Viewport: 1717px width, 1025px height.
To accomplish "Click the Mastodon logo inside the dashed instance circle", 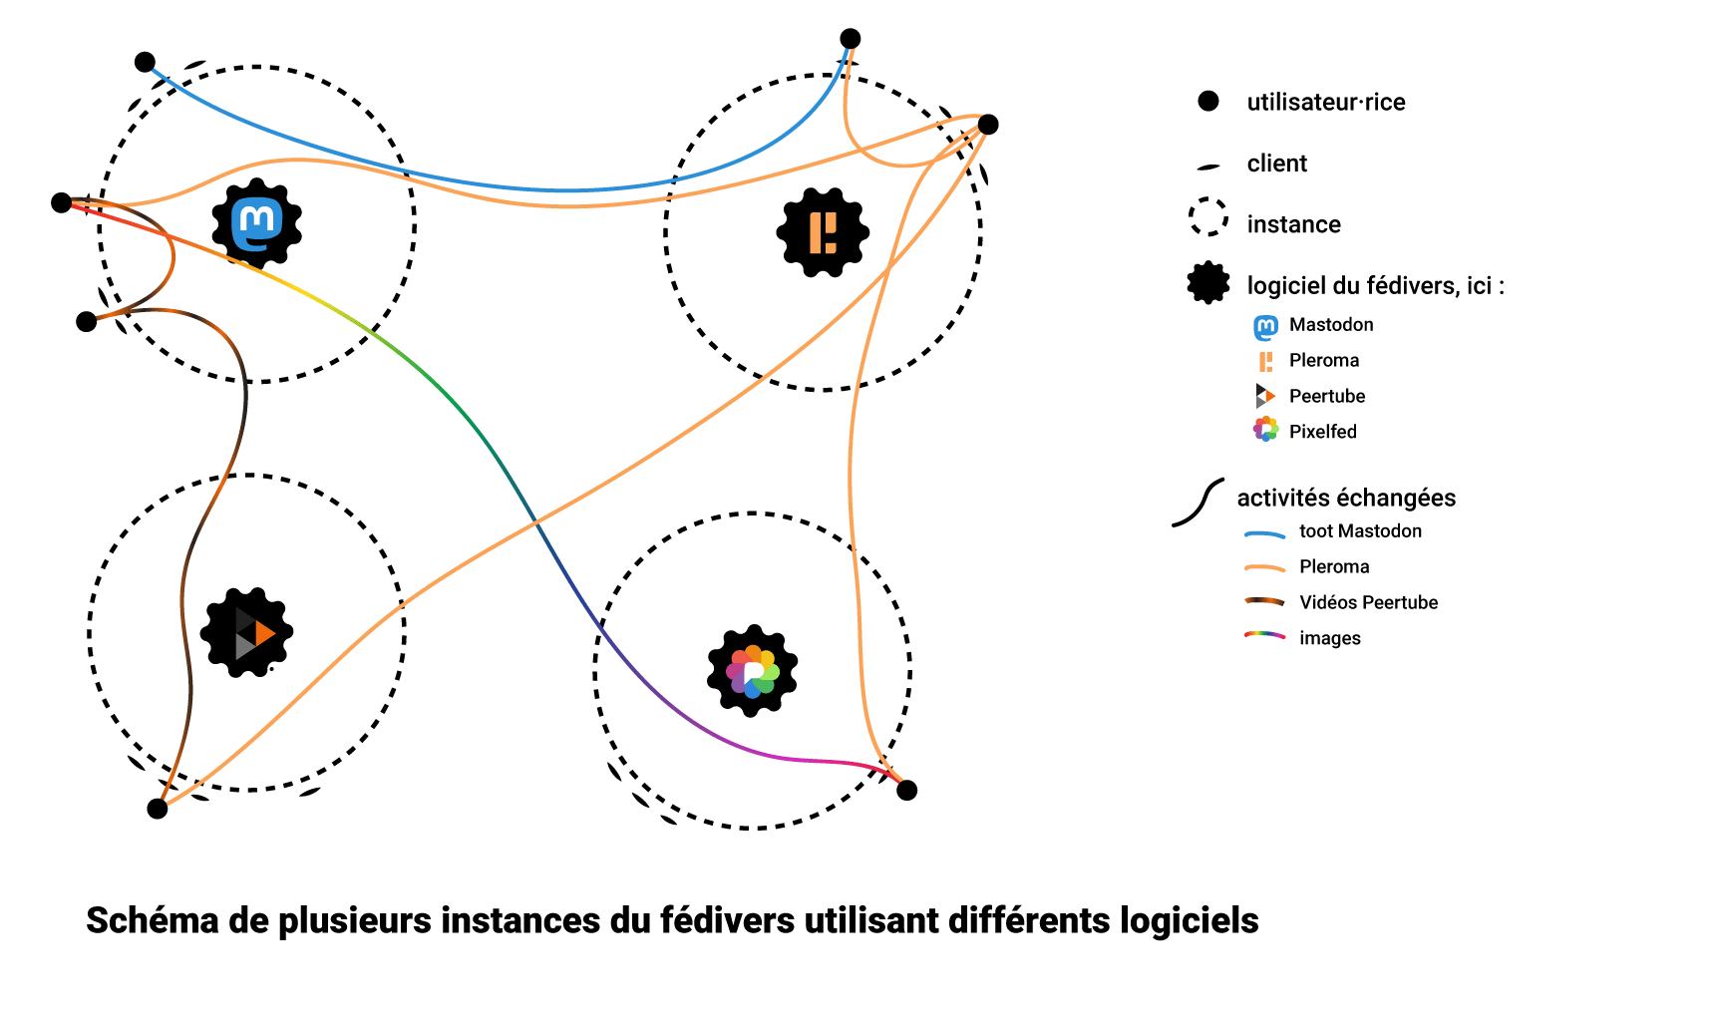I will tap(257, 223).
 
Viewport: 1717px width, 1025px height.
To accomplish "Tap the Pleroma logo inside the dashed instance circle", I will tap(823, 232).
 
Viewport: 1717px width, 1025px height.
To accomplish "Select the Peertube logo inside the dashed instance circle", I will tap(246, 632).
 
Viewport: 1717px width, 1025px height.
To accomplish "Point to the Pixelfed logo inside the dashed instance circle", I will tap(752, 670).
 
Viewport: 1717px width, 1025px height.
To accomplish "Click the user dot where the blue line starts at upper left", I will tap(146, 62).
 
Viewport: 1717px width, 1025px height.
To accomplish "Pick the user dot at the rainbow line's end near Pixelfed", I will tap(906, 790).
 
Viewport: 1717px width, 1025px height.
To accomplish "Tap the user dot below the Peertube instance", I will tap(158, 808).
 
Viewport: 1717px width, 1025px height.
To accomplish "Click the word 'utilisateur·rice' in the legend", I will tap(1325, 102).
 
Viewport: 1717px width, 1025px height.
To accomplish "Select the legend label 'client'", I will tap(1276, 164).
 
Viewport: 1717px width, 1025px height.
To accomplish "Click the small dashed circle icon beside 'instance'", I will tap(1208, 216).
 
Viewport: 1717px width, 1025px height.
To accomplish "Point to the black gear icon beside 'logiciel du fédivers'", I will tap(1208, 283).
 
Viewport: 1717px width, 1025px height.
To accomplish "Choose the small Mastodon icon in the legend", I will tap(1265, 327).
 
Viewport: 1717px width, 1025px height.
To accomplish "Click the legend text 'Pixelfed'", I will tap(1322, 432).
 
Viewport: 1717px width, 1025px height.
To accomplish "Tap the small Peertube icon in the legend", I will tap(1265, 396).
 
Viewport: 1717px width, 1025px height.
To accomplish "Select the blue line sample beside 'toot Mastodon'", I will tap(1264, 534).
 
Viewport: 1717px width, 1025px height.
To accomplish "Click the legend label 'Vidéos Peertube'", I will tap(1368, 602).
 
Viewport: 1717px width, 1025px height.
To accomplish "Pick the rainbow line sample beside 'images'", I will tap(1264, 635).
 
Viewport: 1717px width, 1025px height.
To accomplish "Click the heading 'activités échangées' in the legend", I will tap(1346, 498).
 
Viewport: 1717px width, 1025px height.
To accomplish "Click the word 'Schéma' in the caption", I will tap(153, 920).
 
